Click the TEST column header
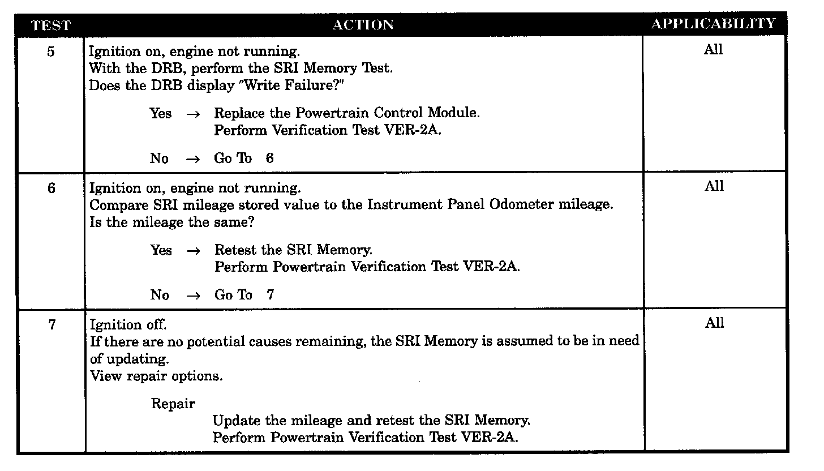(x=50, y=25)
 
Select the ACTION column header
(x=363, y=25)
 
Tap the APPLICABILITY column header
(x=713, y=24)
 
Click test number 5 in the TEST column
(x=51, y=52)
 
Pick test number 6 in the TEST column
(x=51, y=189)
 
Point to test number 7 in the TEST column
(x=51, y=326)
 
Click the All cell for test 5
(x=713, y=50)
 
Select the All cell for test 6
(x=714, y=186)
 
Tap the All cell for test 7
(x=714, y=323)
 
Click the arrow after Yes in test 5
(x=192, y=114)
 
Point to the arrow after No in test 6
(x=193, y=296)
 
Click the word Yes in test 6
(x=161, y=250)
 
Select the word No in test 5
(x=159, y=159)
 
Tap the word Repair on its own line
(x=173, y=404)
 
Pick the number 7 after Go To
(x=270, y=295)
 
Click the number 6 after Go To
(x=269, y=159)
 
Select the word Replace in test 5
(x=239, y=113)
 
